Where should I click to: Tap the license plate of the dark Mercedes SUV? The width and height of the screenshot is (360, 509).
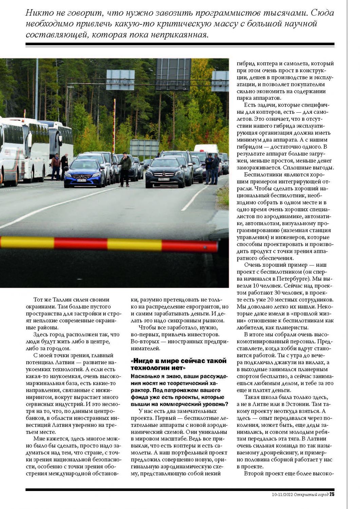coord(164,179)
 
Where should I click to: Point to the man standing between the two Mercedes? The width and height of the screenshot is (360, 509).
coord(125,169)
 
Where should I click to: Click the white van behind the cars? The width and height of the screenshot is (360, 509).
coord(206,149)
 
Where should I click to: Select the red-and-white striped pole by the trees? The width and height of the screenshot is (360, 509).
coord(114,126)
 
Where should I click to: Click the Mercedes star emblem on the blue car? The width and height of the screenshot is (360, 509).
coord(81,176)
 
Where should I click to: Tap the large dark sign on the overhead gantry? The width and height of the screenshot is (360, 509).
coord(173,74)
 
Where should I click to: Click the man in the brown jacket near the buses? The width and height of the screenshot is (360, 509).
coord(56,166)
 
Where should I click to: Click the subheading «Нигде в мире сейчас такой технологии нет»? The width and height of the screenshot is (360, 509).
coord(178,364)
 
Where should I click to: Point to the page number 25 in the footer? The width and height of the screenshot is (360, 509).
coord(332,494)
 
